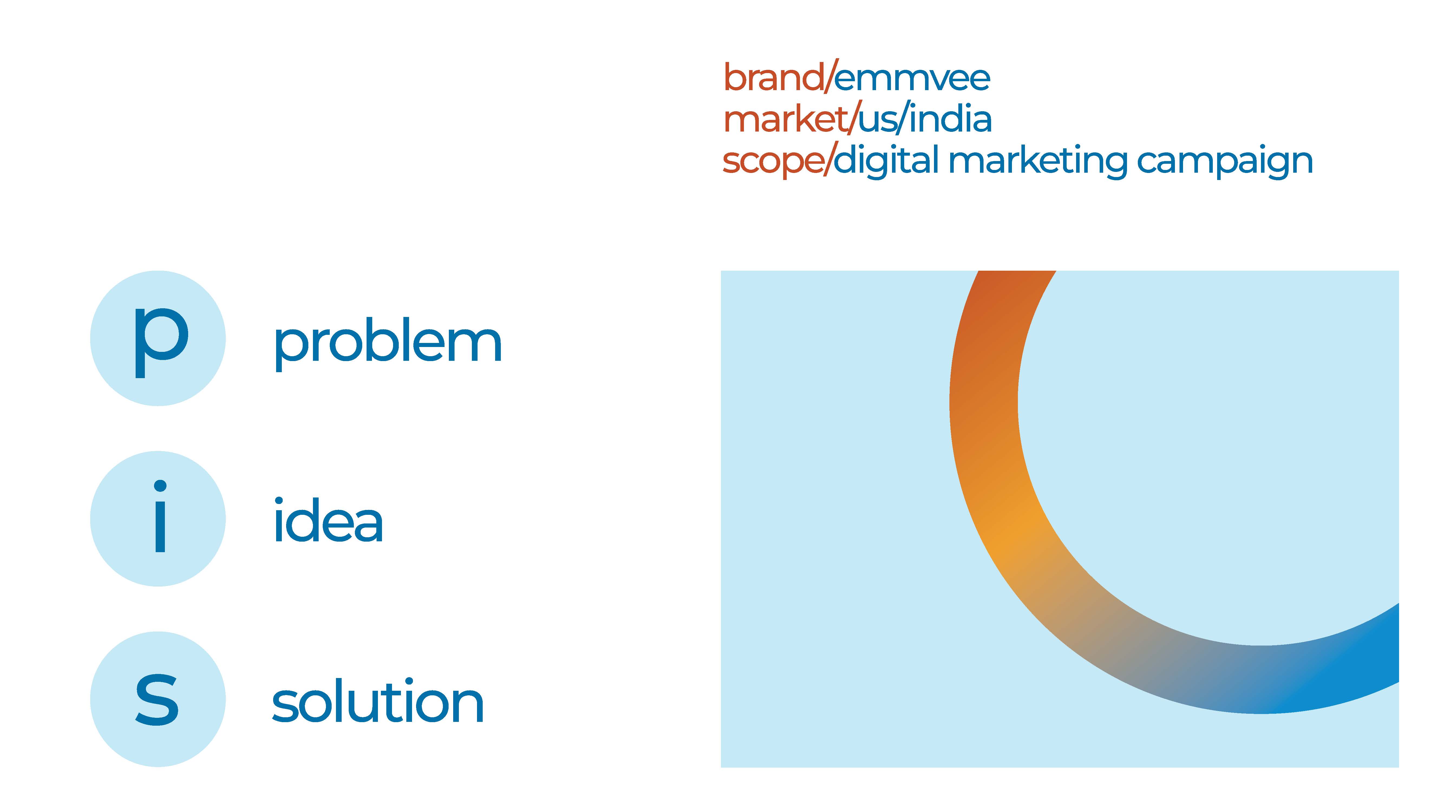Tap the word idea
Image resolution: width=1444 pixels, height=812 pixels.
point(328,521)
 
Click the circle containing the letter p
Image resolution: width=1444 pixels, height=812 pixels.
point(158,339)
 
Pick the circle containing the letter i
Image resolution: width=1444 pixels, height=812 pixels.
point(158,519)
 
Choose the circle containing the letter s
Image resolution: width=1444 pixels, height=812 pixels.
point(158,699)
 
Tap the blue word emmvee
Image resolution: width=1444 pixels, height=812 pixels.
point(912,78)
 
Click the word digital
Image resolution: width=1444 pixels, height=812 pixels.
point(886,161)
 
